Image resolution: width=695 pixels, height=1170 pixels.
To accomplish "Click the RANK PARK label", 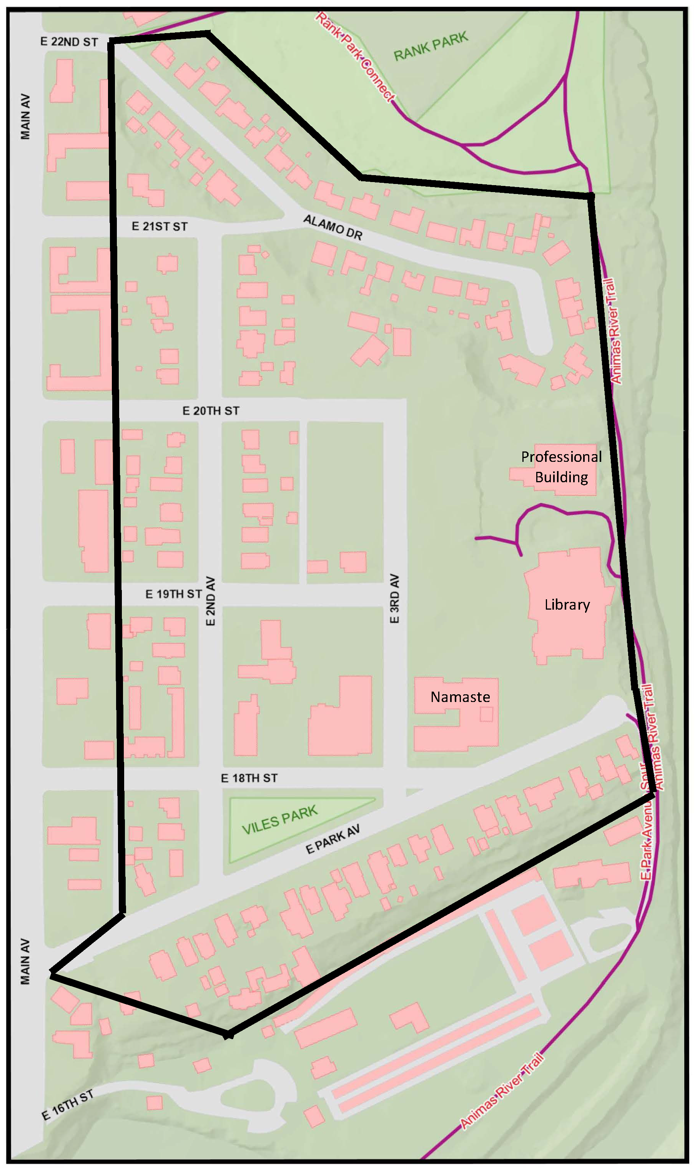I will pos(431,47).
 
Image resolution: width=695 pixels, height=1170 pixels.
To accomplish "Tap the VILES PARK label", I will pos(279,820).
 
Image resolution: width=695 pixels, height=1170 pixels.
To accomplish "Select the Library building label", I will pos(567,605).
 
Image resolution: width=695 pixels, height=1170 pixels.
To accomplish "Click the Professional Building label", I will pos(561,467).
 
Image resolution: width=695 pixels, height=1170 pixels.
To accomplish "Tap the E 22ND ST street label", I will pos(69,42).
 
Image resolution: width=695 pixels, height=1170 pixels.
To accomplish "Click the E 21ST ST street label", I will pos(159,226).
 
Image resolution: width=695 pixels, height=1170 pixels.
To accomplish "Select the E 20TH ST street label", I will pos(211,411).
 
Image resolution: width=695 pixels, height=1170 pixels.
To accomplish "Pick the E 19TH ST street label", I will pos(173,594).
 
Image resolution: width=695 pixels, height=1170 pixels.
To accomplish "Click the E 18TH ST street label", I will pos(249,778).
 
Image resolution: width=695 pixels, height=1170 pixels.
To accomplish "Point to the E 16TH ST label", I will pos(67,1106).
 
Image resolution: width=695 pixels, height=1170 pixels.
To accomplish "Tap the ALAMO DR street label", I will pos(333,227).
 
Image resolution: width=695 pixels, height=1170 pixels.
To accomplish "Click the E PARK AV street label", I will pos(333,839).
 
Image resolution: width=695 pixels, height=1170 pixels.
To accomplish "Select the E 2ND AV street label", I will pos(211,601).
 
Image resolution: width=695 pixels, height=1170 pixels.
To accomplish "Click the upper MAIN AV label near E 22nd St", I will pos(25,117).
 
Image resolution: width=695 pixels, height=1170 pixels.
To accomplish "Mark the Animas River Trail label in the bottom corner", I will pos(502,1090).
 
